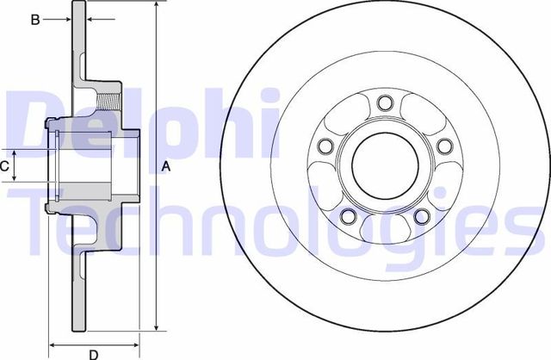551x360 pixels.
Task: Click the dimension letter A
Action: click(x=166, y=167)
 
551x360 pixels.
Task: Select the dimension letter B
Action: click(x=35, y=19)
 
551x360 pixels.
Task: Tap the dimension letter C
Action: click(x=5, y=166)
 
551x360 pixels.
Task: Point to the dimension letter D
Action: click(x=93, y=353)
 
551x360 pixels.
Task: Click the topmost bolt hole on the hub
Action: click(x=384, y=106)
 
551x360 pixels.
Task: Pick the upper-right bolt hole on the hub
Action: click(x=443, y=147)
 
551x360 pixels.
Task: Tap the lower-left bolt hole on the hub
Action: click(x=348, y=216)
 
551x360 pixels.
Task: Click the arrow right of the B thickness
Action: click(x=91, y=19)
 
